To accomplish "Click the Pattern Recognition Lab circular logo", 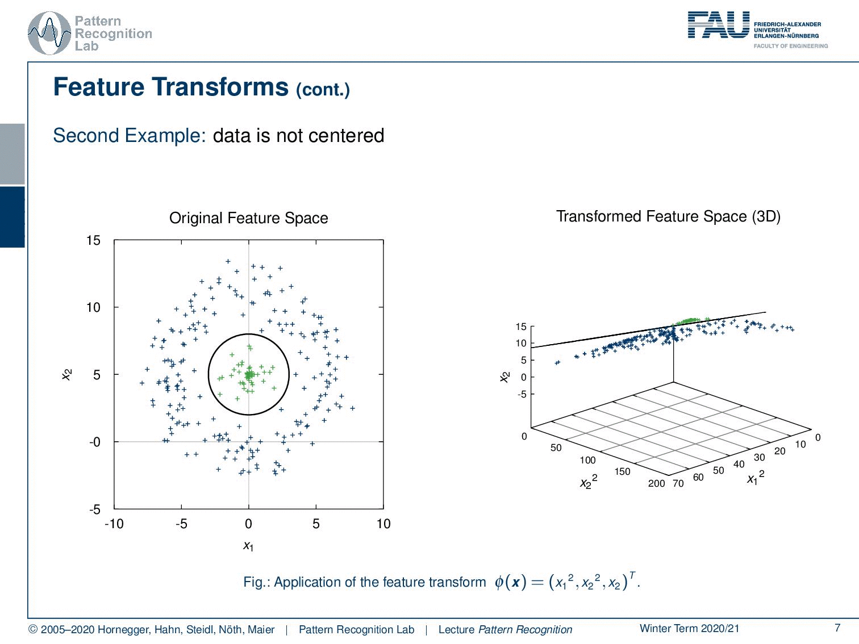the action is (49, 34).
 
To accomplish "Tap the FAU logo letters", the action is (719, 25).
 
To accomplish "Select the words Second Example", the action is (130, 136).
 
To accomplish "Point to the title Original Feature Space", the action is (248, 218).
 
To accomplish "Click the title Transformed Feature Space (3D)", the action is (669, 216).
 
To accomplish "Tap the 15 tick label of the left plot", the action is (94, 240).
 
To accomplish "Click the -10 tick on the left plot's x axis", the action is (114, 524).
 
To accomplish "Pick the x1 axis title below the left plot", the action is (248, 546).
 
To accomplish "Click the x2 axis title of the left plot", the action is (67, 375).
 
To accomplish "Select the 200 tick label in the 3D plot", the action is (656, 484).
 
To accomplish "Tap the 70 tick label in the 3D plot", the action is (678, 484).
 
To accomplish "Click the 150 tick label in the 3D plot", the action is (622, 471).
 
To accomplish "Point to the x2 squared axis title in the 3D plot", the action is (589, 482).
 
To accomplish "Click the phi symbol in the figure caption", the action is (499, 582).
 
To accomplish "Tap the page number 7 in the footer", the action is (837, 628).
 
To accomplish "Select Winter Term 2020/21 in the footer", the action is (690, 628).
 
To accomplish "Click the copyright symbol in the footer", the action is (33, 630).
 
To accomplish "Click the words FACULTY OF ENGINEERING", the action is (791, 46).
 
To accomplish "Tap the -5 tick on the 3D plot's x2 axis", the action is (522, 395).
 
